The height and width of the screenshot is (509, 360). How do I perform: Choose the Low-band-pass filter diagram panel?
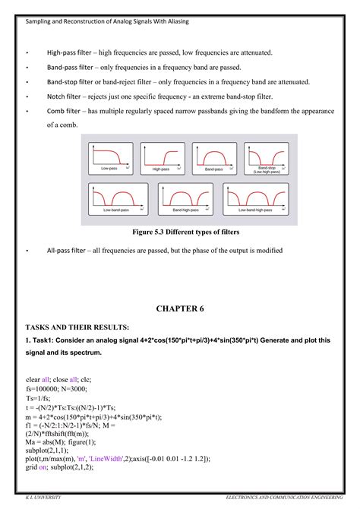pos(118,197)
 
